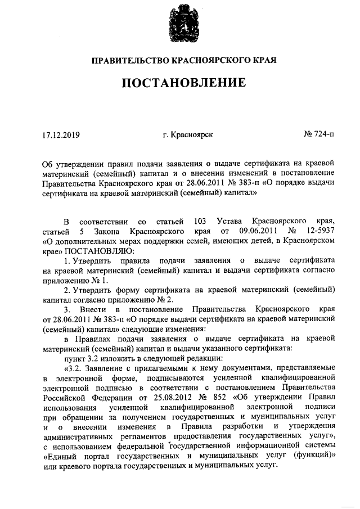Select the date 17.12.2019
(x=61, y=135)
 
